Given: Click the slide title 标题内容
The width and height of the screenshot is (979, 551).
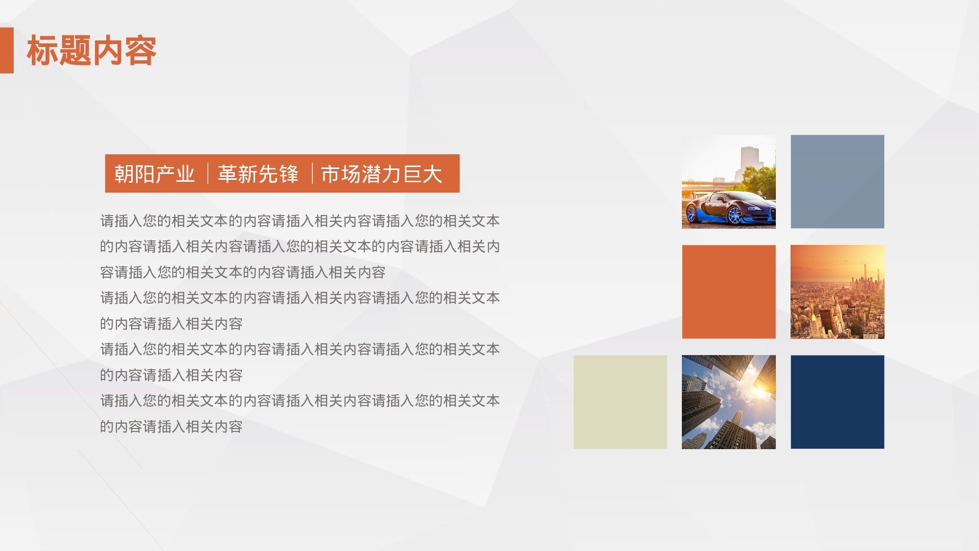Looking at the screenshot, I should [x=92, y=50].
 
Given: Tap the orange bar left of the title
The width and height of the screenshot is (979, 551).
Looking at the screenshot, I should [x=7, y=50].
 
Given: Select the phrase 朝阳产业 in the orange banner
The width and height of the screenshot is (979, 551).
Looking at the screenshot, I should [x=155, y=174].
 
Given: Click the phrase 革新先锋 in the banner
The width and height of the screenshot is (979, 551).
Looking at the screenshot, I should [x=258, y=174].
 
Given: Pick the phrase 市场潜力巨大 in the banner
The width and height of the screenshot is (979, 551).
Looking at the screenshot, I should [x=381, y=174].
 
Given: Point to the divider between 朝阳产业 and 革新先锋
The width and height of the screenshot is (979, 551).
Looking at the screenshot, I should [x=208, y=173].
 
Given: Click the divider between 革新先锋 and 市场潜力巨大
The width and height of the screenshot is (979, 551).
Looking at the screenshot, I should [x=312, y=173].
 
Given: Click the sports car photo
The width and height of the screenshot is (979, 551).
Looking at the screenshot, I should [x=728, y=182].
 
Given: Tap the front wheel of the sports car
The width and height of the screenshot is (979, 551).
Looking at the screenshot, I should [x=734, y=215].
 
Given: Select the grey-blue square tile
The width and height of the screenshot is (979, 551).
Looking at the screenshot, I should [x=838, y=182].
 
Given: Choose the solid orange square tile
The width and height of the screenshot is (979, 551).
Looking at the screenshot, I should [x=729, y=292].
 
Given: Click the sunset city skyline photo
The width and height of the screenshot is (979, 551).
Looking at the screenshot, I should [x=838, y=292].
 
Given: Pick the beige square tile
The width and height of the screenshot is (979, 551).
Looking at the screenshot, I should [x=620, y=402].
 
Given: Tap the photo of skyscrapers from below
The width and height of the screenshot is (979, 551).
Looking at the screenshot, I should [x=729, y=402].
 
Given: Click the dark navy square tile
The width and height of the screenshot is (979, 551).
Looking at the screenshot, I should [x=838, y=402].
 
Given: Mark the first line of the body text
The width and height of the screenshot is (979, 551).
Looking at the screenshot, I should [x=300, y=221].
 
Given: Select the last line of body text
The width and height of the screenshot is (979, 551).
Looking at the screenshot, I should [x=171, y=427].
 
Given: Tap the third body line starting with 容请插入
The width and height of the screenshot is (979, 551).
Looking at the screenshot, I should [x=243, y=272].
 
